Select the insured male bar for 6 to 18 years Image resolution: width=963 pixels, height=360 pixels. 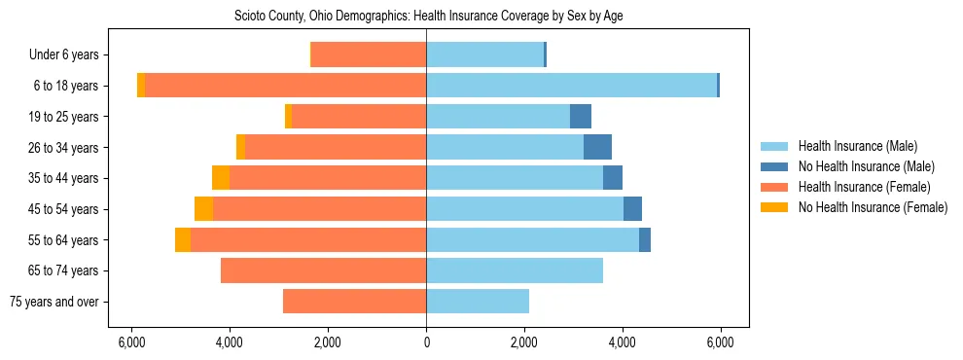(571, 86)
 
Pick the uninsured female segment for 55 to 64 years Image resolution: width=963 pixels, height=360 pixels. (183, 239)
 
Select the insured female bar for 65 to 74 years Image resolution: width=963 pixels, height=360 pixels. (323, 270)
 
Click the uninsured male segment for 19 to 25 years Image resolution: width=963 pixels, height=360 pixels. (581, 117)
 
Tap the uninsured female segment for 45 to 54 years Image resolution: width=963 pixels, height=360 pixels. (203, 209)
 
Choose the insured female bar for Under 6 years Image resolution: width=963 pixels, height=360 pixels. (369, 55)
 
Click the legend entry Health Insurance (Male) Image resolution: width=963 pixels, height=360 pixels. (857, 146)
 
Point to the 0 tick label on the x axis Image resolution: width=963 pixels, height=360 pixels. (426, 342)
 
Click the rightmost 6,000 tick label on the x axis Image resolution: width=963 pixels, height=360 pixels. (720, 342)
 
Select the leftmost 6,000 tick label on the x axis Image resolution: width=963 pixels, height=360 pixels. (131, 342)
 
